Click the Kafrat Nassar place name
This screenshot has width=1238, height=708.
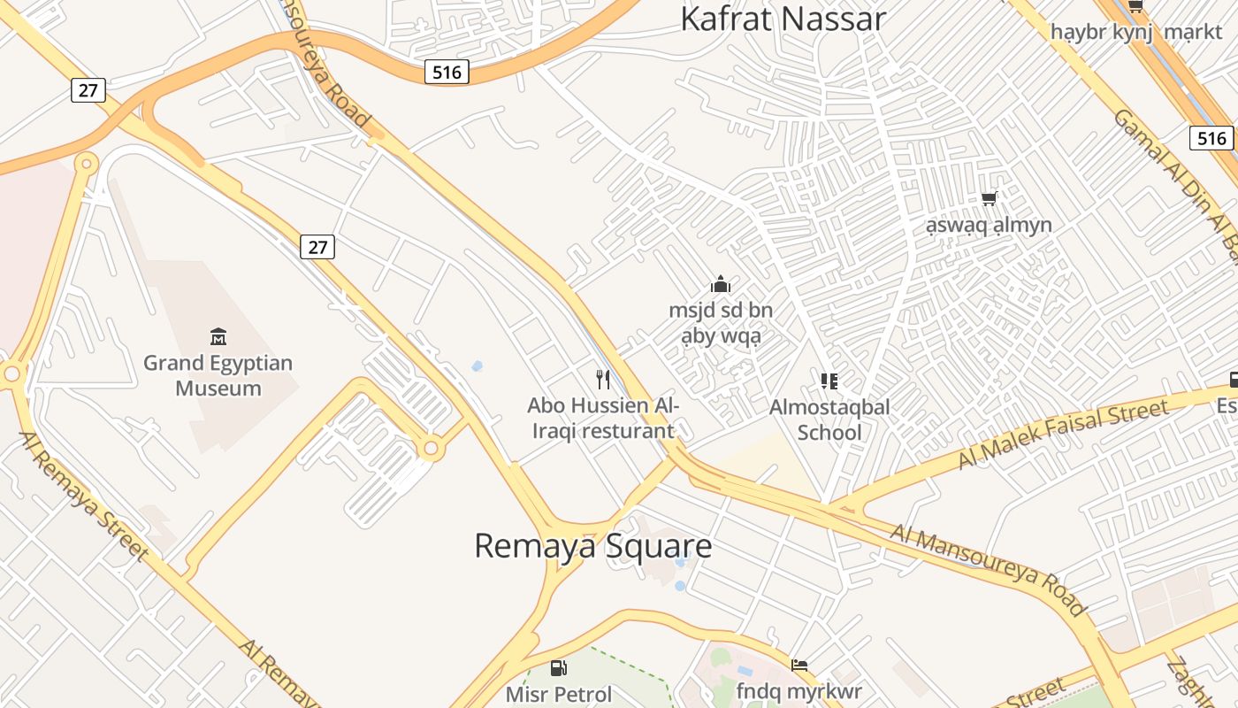pos(783,19)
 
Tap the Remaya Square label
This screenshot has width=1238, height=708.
pos(592,545)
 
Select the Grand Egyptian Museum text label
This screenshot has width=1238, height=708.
pos(218,375)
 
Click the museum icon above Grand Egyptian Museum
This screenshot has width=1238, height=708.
pos(218,336)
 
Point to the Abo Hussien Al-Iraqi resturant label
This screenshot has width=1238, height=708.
pos(602,418)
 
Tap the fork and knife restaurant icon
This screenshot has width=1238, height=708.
pos(603,380)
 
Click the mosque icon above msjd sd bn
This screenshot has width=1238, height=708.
pos(721,284)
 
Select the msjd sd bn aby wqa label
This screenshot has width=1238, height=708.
pos(721,323)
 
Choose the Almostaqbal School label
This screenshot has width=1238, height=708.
pos(829,419)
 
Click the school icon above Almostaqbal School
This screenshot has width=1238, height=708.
pos(829,381)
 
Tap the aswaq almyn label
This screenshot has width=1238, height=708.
pos(989,225)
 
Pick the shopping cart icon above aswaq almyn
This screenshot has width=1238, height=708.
pos(989,198)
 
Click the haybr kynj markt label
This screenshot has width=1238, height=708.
pos(1135,32)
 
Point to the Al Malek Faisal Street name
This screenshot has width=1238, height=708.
pos(1062,434)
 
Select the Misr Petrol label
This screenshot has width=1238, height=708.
pos(559,694)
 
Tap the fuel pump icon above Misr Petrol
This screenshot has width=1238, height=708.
pos(558,668)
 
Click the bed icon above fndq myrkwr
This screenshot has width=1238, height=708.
pos(799,665)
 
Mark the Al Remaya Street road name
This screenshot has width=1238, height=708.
pos(83,496)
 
